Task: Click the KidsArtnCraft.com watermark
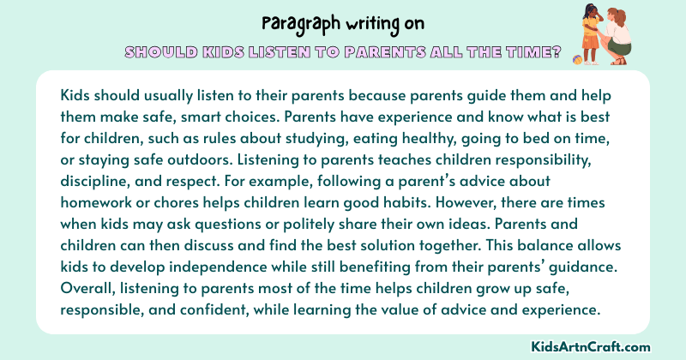click(x=604, y=346)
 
